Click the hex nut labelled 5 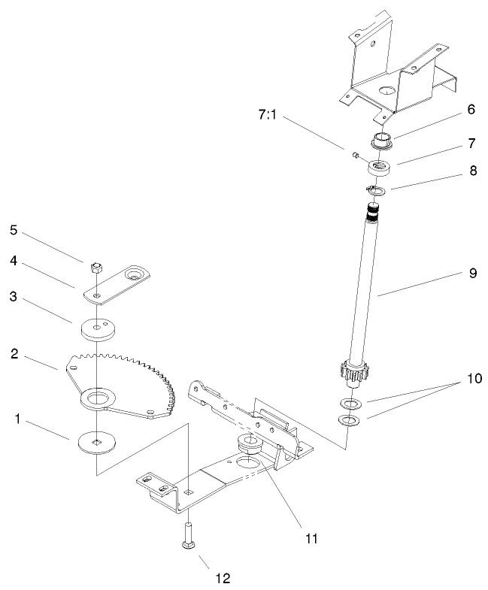click(x=95, y=266)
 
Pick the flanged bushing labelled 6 click(x=382, y=140)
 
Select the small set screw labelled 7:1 click(x=352, y=156)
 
